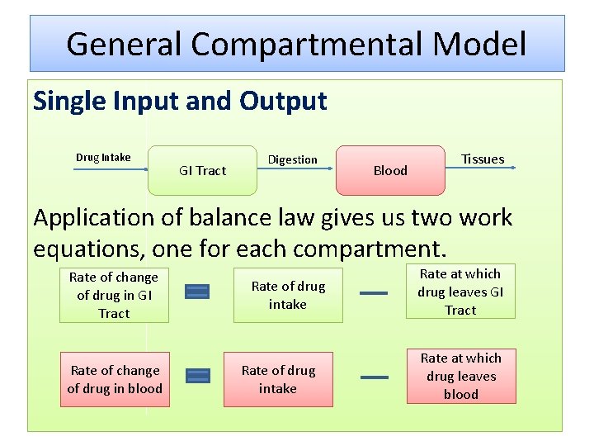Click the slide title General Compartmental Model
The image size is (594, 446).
tap(296, 43)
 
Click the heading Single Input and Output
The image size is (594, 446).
tap(180, 102)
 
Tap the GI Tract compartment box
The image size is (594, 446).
tap(202, 170)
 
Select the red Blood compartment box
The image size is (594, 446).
tap(390, 170)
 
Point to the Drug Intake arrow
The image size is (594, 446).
tap(111, 168)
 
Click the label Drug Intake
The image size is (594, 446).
tap(103, 157)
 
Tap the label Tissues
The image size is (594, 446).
tap(483, 159)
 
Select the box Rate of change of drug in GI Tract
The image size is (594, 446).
tap(114, 295)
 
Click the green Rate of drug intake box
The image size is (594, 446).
tap(288, 295)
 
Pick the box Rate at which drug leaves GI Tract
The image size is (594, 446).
tap(460, 292)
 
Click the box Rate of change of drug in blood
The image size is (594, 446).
tap(114, 379)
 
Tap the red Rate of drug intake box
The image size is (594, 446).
tap(278, 379)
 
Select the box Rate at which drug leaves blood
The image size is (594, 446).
tap(460, 376)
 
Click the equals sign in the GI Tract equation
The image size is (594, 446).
tap(197, 291)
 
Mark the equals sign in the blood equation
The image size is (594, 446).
tap(198, 376)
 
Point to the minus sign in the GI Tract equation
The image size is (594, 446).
tap(374, 292)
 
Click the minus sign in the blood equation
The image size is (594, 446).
tap(374, 377)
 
